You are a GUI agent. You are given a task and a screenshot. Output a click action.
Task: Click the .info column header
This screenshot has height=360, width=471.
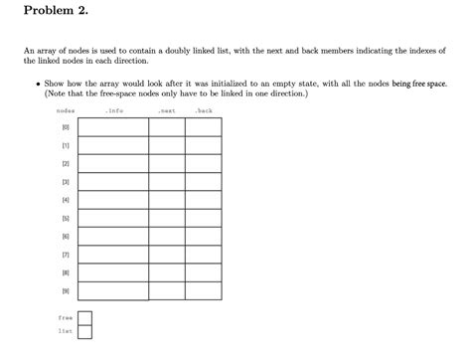[112, 111]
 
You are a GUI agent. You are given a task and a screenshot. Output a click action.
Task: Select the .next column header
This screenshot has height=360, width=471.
[166, 111]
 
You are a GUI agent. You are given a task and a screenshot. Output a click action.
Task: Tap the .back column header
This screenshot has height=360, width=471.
[203, 111]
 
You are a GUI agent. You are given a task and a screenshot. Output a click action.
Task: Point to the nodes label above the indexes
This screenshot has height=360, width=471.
[66, 111]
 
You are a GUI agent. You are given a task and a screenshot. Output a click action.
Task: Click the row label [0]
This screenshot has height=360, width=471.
[66, 127]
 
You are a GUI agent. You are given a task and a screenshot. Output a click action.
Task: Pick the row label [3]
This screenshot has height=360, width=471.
[66, 181]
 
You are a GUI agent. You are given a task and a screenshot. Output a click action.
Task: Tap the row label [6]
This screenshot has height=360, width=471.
[66, 235]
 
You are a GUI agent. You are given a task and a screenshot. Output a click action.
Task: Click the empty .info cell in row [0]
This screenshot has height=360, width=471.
[112, 127]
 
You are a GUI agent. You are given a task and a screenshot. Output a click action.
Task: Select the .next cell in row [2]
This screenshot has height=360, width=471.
[166, 163]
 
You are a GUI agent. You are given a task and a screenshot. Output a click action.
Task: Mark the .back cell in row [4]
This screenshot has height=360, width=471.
[203, 199]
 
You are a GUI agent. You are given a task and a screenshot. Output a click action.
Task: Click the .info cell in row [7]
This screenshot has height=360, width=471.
[112, 253]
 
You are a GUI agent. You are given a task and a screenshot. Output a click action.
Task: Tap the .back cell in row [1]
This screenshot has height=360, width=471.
[203, 145]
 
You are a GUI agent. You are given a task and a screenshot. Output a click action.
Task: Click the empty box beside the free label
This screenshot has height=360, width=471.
[84, 318]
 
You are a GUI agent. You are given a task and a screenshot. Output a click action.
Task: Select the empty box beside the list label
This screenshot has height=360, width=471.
[84, 332]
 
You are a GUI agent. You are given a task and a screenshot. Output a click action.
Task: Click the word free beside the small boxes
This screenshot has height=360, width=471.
[65, 318]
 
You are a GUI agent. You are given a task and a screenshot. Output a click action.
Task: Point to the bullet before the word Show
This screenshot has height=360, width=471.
[37, 85]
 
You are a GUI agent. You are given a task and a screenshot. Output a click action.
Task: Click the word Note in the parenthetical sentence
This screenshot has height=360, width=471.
[54, 93]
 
